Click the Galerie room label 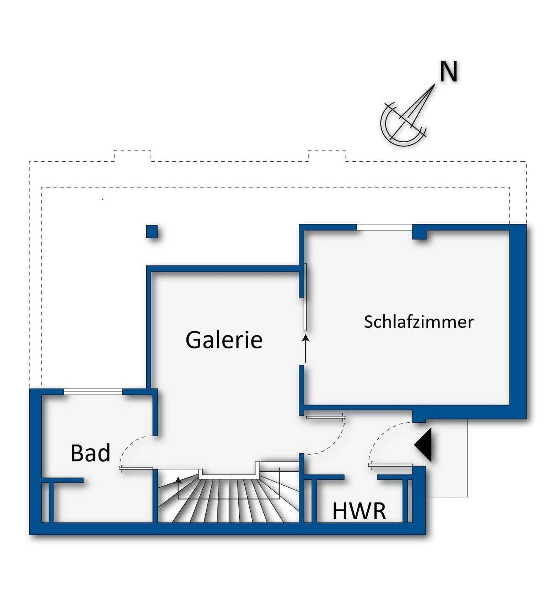point(224,340)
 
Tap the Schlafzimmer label point(418,322)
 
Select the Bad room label point(90,453)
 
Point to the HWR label point(359,511)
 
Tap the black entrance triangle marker point(423,445)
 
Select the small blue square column point(152,231)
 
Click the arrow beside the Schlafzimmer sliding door point(305,349)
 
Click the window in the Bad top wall point(93,392)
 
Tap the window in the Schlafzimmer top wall point(384,227)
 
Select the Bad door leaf point(136,468)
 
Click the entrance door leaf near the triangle point(390,465)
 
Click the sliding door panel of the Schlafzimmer point(305,298)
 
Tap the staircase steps point(228,500)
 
